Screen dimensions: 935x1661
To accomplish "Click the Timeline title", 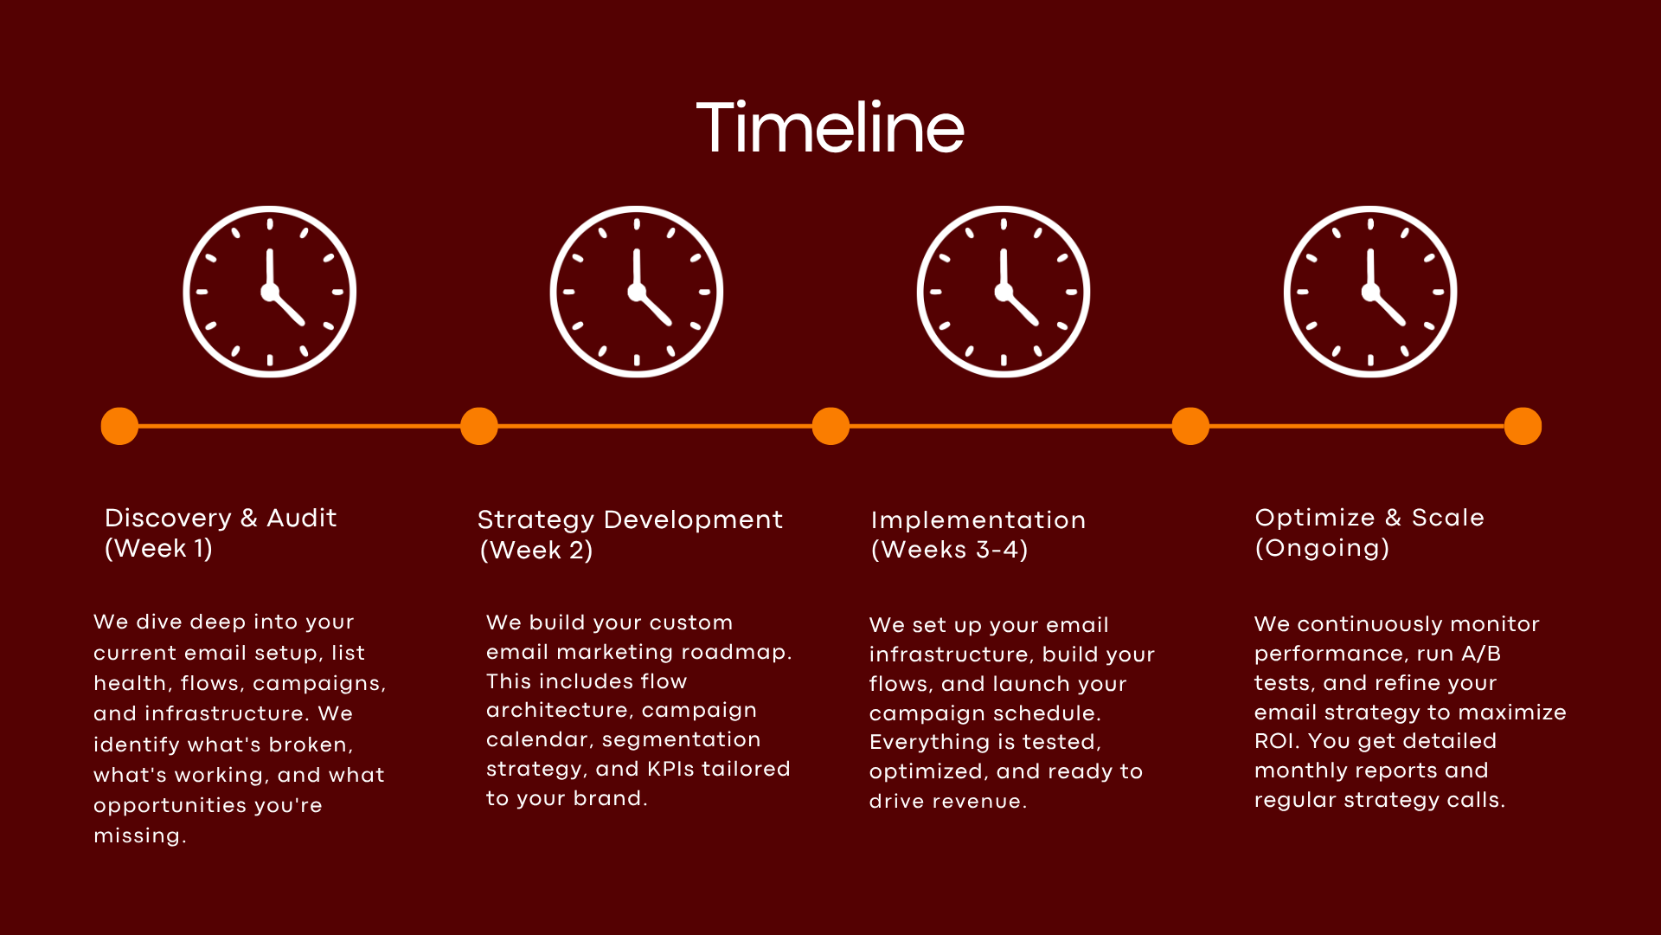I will (x=830, y=128).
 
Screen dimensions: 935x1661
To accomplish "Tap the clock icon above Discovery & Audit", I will (x=270, y=292).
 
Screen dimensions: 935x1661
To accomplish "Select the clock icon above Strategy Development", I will (x=637, y=292).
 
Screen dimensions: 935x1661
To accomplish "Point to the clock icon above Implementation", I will (x=1004, y=292).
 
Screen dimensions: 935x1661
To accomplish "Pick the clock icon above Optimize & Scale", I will (x=1370, y=292).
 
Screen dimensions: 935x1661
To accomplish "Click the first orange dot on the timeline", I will (x=119, y=426).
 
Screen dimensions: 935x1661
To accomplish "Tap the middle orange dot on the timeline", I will (x=830, y=426).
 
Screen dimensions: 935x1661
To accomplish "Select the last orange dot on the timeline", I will (x=1523, y=426).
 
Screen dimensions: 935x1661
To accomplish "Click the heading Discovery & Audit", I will (x=221, y=518).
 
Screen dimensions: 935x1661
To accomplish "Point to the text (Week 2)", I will (x=536, y=550).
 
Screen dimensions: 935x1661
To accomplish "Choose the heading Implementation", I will (x=978, y=519).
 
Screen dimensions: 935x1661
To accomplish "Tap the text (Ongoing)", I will (x=1322, y=548).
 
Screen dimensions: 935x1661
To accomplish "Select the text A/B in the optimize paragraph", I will (x=1481, y=654).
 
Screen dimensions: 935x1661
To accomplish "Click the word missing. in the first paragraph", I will (x=140, y=835).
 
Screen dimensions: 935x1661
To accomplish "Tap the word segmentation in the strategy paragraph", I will (x=681, y=739).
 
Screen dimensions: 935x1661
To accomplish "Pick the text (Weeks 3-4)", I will (x=949, y=550).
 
